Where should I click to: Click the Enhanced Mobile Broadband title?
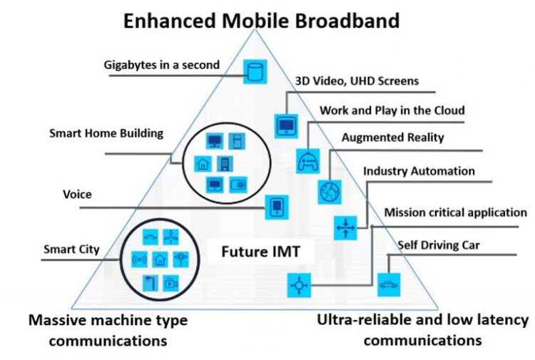[261, 20]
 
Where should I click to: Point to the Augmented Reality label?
[393, 137]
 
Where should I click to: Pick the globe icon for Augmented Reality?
[329, 191]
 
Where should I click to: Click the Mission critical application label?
[456, 212]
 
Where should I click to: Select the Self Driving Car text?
[439, 246]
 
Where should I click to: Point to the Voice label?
[78, 194]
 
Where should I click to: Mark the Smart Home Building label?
[106, 133]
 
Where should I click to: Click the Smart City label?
[71, 250]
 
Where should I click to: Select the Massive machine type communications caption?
[108, 330]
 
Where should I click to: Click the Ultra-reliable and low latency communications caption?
[422, 330]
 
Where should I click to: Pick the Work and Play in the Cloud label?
[392, 110]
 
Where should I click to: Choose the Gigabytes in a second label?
[160, 66]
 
